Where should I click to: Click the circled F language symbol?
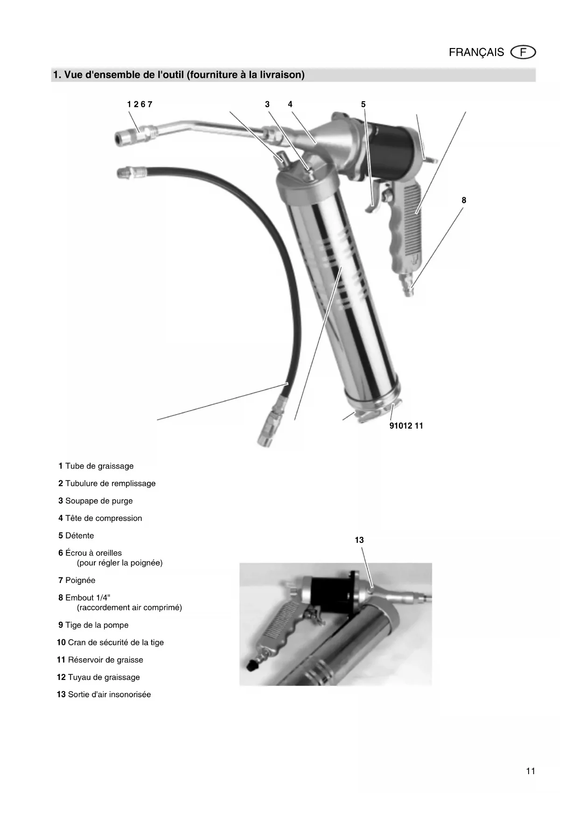523,52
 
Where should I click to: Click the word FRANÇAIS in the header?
476,52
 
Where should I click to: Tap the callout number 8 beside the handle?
464,201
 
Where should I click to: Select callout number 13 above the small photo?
359,540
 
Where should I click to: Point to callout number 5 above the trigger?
363,104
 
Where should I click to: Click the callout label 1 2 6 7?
140,104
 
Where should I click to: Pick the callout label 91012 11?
406,426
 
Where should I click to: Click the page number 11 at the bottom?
530,771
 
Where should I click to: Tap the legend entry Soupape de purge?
96,501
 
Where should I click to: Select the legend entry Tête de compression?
100,518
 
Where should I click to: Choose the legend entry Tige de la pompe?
93,625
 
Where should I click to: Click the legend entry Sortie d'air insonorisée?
104,694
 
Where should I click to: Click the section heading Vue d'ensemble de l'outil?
179,75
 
